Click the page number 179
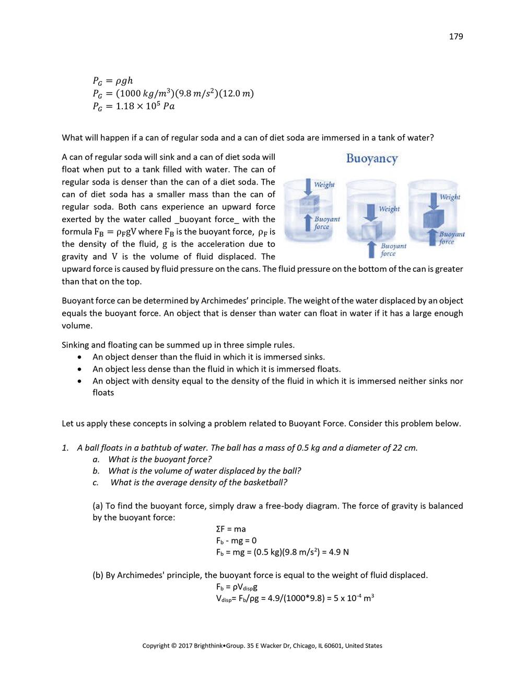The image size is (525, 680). [x=456, y=37]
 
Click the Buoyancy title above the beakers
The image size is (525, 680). [x=372, y=159]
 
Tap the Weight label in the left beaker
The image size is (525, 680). [x=324, y=185]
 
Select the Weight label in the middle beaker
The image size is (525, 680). [x=389, y=209]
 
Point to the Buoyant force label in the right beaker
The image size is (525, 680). [x=451, y=238]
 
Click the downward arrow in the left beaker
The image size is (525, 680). [x=308, y=187]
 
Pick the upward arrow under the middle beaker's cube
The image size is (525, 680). [x=371, y=249]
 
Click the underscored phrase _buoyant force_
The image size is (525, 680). [x=207, y=220]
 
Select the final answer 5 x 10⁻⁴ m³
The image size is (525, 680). [x=353, y=598]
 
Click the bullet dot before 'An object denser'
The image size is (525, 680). [x=79, y=357]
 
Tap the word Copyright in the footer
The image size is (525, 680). [x=156, y=646]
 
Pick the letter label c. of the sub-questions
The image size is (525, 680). [x=96, y=482]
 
